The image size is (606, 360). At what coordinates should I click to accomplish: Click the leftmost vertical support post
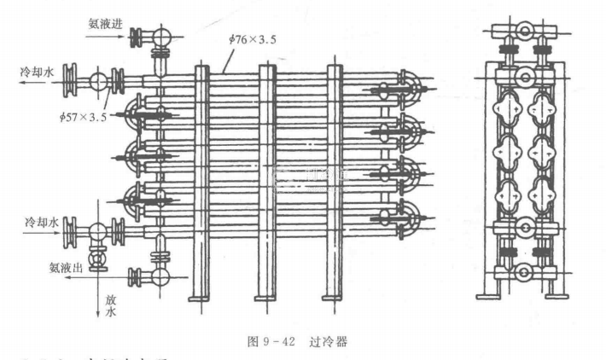point(202,183)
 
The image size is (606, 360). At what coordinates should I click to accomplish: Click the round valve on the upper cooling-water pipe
point(97,82)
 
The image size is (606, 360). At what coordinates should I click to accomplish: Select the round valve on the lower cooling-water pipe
point(97,231)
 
